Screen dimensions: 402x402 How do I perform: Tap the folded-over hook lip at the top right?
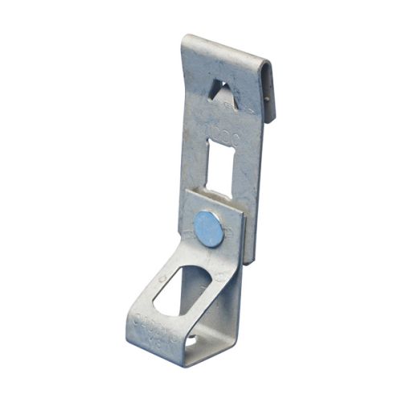pyautogui.click(x=269, y=88)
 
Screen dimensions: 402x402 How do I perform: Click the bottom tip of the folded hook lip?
pyautogui.click(x=273, y=121)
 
